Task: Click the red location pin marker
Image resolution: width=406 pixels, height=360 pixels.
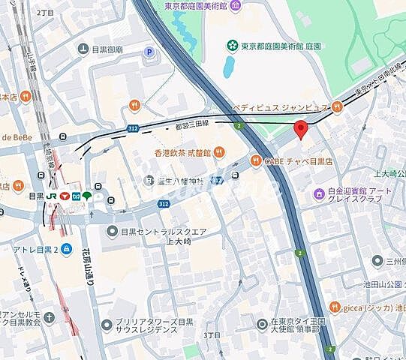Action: (x=301, y=129)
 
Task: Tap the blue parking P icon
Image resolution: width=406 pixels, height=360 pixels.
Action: (x=149, y=52)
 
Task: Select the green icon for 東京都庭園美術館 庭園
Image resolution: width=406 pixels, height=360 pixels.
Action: (x=233, y=46)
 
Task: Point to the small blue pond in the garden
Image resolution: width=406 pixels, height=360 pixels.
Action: (x=227, y=66)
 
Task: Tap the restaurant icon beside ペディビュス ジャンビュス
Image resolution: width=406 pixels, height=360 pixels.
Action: (x=338, y=106)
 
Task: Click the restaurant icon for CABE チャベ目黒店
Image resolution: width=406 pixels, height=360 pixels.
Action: (x=255, y=160)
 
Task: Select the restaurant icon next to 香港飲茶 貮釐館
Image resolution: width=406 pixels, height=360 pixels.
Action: (x=219, y=152)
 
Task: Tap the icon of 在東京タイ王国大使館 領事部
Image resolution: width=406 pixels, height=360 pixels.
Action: (x=261, y=323)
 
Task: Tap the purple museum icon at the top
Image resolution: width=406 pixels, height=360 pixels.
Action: (x=237, y=7)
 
